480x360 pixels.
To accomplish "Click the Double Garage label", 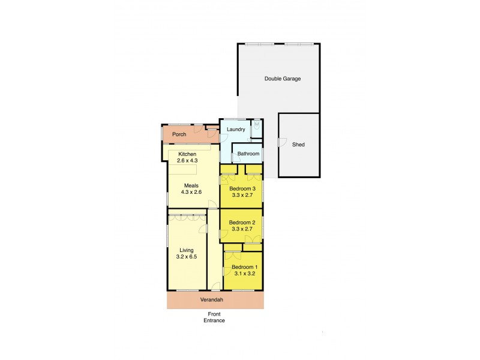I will [x=283, y=79].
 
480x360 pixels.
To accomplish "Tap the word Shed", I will [x=298, y=145].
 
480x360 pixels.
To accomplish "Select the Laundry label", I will [x=235, y=129].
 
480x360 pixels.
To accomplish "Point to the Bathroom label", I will [x=248, y=154].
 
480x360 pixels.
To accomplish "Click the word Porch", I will [x=179, y=134].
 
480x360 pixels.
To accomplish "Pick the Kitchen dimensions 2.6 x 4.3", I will [x=187, y=161].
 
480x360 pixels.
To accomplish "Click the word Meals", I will [x=191, y=185].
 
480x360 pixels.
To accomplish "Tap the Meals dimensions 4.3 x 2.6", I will [x=193, y=192].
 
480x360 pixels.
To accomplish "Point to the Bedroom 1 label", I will [x=244, y=267].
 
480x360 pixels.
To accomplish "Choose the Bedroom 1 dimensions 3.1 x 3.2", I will [x=244, y=274].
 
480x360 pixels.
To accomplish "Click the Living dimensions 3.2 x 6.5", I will [x=187, y=257].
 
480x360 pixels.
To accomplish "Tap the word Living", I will [x=187, y=250].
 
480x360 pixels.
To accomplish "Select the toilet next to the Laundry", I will [x=256, y=125].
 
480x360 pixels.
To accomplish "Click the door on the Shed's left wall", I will [x=281, y=143].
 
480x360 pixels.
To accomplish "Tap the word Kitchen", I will [x=187, y=154].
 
